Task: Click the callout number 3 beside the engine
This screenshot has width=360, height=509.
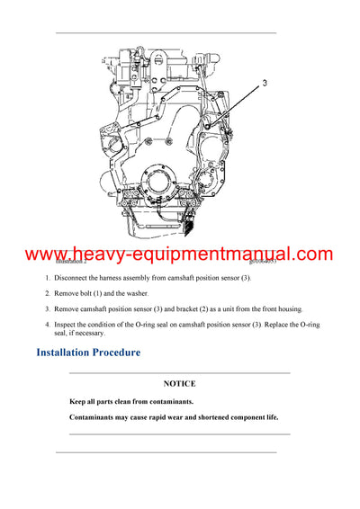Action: (x=265, y=82)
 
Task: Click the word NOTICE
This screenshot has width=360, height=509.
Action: (x=179, y=383)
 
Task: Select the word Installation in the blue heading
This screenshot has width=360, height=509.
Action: (x=73, y=352)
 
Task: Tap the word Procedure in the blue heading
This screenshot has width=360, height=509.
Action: (x=141, y=352)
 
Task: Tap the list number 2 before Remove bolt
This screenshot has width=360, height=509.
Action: (x=48, y=294)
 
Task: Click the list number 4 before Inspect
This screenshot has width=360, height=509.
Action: (x=48, y=324)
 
